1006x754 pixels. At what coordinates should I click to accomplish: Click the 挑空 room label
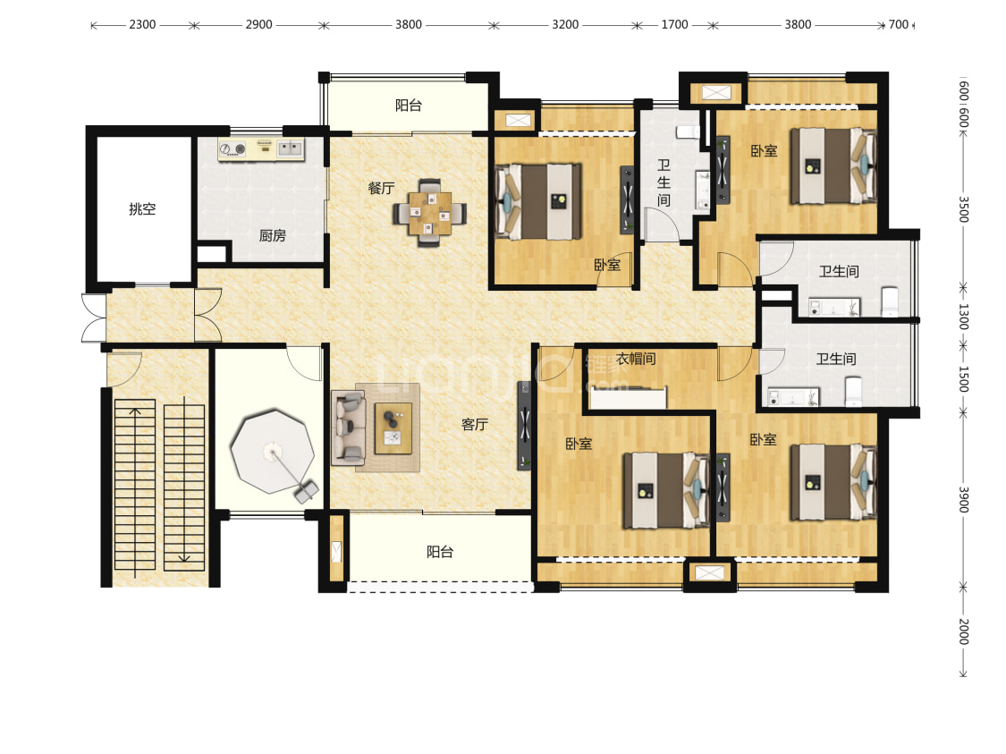[x=142, y=208]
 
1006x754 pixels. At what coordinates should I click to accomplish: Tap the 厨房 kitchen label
[x=272, y=235]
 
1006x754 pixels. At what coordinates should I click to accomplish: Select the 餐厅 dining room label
[x=381, y=188]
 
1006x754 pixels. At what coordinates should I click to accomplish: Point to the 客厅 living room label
[x=475, y=424]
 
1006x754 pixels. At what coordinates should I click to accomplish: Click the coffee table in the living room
[x=393, y=428]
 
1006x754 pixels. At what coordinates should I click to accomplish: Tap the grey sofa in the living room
[x=349, y=428]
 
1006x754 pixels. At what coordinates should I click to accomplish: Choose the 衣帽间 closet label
[x=636, y=359]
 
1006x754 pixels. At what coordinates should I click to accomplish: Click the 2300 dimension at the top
[x=142, y=24]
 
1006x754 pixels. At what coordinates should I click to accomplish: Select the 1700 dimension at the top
[x=674, y=24]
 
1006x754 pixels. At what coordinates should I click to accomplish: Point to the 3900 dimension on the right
[x=963, y=499]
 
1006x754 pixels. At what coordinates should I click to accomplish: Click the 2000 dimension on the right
[x=963, y=631]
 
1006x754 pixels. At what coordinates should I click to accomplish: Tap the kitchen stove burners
[x=232, y=149]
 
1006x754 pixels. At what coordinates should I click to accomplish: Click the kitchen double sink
[x=291, y=148]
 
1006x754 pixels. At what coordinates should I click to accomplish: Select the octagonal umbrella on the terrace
[x=273, y=452]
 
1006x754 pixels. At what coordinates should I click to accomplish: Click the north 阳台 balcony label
[x=409, y=106]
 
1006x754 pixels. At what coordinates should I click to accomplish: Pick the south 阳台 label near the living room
[x=440, y=552]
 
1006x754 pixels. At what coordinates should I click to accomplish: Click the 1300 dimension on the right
[x=963, y=317]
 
